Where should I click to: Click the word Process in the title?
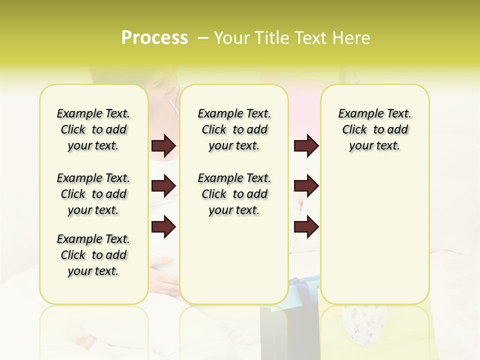[x=154, y=37]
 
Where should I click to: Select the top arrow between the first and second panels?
[x=163, y=146]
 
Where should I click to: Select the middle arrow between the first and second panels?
[x=163, y=186]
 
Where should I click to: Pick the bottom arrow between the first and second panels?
[x=163, y=227]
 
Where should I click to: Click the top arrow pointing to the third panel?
[x=306, y=146]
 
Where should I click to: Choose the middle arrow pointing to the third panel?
[x=306, y=186]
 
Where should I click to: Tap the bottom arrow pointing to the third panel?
[x=306, y=227]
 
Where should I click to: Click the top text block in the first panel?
[x=93, y=129]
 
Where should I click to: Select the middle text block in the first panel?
[x=93, y=194]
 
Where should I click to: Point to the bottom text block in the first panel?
[x=93, y=255]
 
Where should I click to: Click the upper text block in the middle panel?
[x=234, y=129]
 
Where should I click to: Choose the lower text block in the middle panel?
[x=234, y=194]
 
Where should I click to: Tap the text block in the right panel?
[x=375, y=129]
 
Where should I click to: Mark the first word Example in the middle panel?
[x=216, y=114]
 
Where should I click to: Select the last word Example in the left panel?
[x=75, y=239]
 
